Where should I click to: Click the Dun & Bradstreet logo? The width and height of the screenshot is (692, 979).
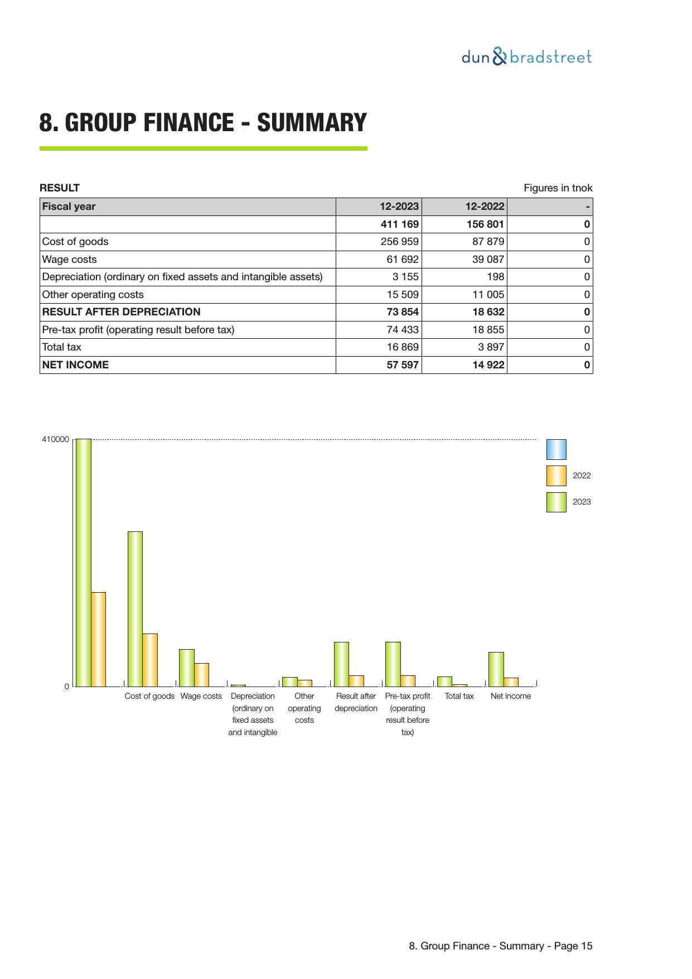526,57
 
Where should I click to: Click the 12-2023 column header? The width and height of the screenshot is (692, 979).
399,207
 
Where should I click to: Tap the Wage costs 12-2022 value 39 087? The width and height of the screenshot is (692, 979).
488,260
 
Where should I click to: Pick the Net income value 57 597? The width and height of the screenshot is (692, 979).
403,365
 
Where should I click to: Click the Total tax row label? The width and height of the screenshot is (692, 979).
62,347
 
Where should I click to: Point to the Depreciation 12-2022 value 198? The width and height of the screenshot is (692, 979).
495,277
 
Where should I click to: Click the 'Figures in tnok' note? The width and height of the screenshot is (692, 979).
558,188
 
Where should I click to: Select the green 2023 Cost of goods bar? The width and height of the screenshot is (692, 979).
135,608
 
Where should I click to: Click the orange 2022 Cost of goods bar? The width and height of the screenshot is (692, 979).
150,660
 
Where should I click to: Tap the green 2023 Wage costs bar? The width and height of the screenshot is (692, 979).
187,668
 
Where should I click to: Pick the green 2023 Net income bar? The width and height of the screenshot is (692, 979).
496,669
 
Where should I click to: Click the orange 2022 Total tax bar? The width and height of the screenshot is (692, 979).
459,685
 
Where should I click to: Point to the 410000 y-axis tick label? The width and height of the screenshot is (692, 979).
55,440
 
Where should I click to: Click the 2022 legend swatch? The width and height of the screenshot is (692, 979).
556,476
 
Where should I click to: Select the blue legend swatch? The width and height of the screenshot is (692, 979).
556,449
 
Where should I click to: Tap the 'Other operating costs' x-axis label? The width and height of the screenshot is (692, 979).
304,708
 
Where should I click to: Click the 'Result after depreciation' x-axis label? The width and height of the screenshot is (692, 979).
356,702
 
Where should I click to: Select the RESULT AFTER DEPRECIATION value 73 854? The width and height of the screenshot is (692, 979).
403,312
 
